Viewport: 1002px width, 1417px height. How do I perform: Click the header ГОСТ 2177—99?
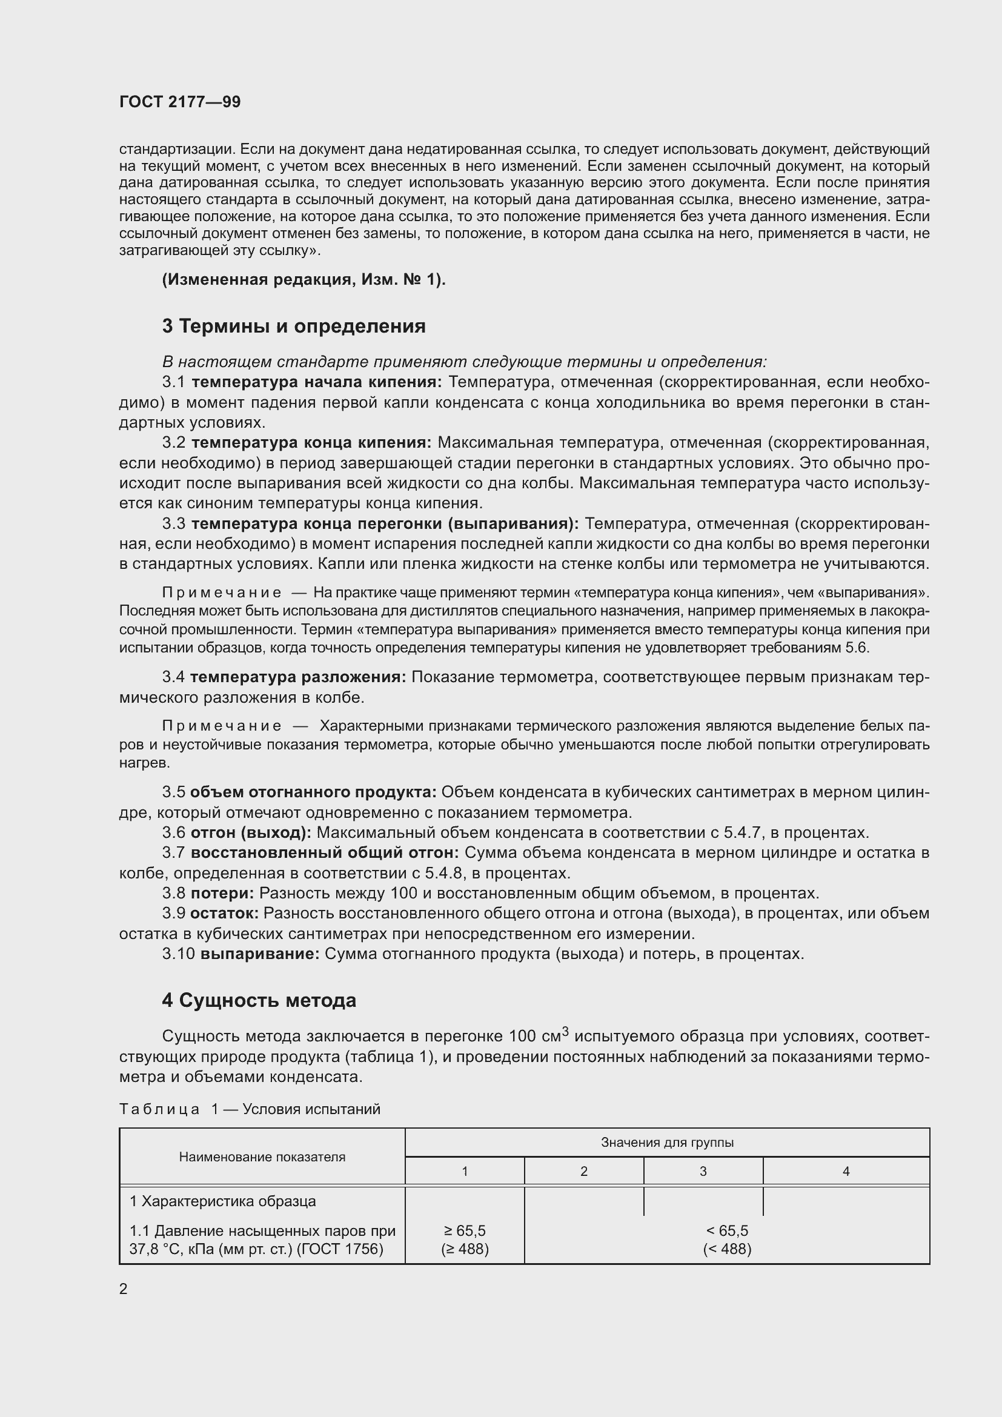[x=179, y=102]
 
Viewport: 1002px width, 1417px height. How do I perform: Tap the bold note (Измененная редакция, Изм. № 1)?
[x=304, y=279]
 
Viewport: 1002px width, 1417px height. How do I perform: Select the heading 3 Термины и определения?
[x=294, y=326]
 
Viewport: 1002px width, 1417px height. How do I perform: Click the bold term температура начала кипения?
[x=316, y=382]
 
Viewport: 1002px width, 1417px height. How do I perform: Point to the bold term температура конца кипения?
[x=311, y=442]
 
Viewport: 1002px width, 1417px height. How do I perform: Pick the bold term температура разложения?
[x=298, y=677]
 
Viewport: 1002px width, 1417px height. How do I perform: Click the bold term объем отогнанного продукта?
[x=313, y=792]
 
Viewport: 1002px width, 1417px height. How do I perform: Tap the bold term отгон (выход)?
[x=251, y=832]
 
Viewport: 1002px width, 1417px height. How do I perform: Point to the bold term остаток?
[x=224, y=913]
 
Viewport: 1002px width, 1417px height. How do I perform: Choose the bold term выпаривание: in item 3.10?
[x=260, y=954]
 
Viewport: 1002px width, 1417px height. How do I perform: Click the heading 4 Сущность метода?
[x=259, y=1000]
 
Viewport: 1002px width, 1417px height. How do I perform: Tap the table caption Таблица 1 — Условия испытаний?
[x=249, y=1109]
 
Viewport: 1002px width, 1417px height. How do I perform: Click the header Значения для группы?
[x=667, y=1143]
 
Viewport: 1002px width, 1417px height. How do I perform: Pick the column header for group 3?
[x=703, y=1172]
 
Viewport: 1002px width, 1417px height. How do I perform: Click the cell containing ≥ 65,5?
[x=465, y=1230]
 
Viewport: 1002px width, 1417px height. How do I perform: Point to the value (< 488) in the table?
[x=727, y=1249]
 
